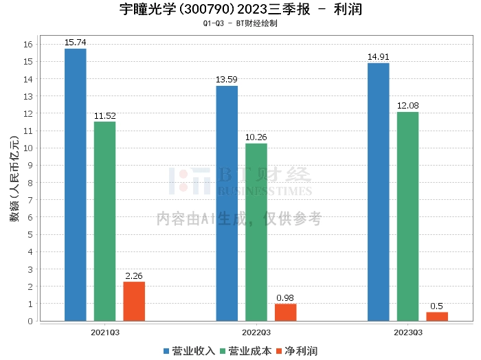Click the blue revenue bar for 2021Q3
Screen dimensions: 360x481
point(75,185)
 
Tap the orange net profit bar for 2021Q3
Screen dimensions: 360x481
point(134,301)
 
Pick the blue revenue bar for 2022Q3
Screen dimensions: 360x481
point(227,203)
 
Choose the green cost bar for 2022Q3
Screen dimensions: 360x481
point(256,232)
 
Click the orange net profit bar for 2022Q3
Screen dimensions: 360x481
point(285,312)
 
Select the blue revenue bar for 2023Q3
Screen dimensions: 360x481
point(378,192)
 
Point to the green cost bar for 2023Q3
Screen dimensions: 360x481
point(407,216)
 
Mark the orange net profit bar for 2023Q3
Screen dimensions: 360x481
point(437,316)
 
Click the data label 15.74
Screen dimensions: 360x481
point(75,43)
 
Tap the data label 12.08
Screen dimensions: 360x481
point(407,106)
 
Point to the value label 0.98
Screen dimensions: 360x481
point(285,298)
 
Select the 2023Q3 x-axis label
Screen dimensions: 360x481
point(407,332)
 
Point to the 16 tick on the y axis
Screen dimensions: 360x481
point(28,45)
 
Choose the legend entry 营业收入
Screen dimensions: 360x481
point(189,351)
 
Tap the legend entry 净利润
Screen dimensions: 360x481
point(297,351)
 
